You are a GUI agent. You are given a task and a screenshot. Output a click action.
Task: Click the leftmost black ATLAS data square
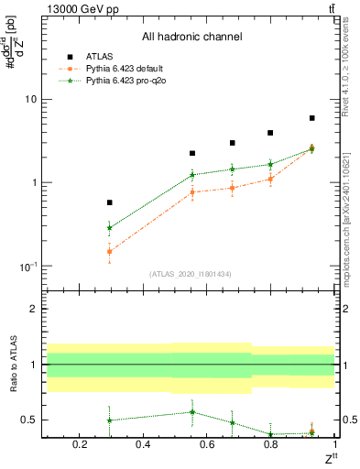pyautogui.click(x=110, y=202)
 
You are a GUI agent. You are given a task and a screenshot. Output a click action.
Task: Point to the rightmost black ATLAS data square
pyautogui.click(x=311, y=118)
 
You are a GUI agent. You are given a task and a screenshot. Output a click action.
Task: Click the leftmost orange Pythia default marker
pyautogui.click(x=110, y=251)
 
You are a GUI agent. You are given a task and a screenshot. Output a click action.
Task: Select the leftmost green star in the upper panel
pyautogui.click(x=110, y=228)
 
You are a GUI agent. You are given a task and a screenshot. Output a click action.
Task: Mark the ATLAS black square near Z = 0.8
pyautogui.click(x=270, y=133)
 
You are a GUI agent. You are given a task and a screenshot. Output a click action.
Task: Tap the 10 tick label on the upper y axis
pyautogui.click(x=30, y=99)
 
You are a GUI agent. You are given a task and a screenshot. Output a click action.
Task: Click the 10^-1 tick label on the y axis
pyautogui.click(x=27, y=266)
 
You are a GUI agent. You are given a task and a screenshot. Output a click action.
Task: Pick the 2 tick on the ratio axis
pyautogui.click(x=33, y=309)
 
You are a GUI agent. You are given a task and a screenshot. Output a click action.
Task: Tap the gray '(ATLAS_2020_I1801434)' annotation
pyautogui.click(x=191, y=274)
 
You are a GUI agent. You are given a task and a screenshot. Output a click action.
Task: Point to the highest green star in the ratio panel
pyautogui.click(x=192, y=411)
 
